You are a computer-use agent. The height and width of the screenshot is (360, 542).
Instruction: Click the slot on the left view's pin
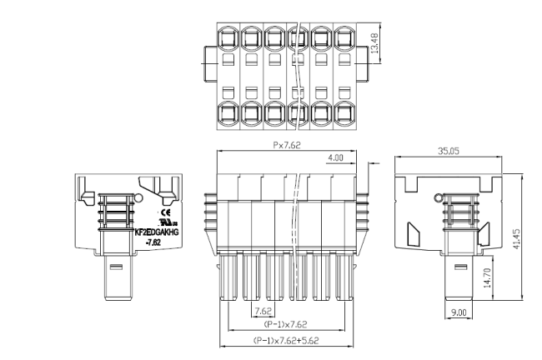click(117, 267)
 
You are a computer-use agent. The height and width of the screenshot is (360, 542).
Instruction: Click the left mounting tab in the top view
click(208, 57)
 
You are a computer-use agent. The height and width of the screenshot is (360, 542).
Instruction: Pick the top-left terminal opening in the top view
click(228, 37)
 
